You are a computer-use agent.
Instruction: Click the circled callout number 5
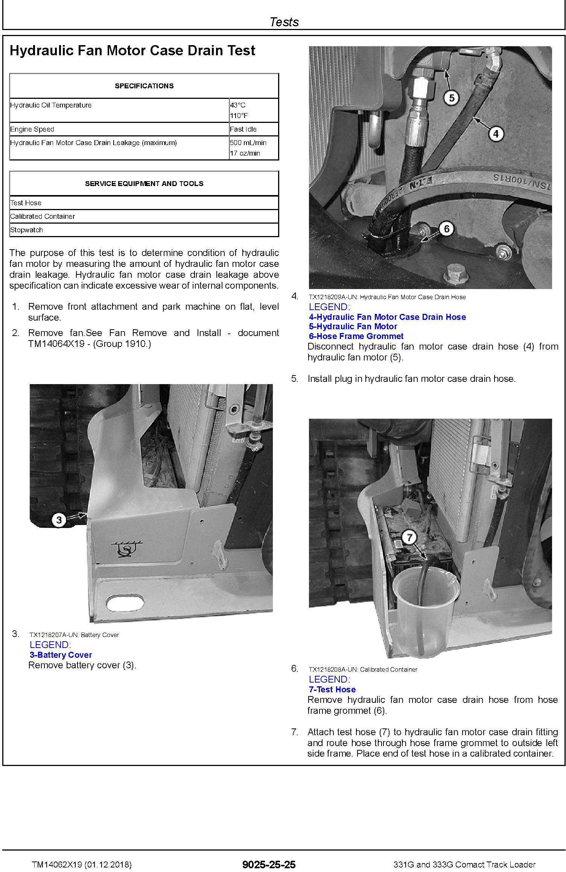tap(452, 98)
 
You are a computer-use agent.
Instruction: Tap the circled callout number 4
tap(496, 133)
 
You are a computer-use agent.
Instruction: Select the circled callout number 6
tap(447, 229)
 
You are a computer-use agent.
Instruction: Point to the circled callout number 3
tap(59, 520)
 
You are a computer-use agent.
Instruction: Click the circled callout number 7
tap(409, 538)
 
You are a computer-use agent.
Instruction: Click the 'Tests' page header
tap(284, 22)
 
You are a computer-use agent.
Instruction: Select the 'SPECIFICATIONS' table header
tap(144, 86)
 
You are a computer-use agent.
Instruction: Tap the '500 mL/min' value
tap(248, 143)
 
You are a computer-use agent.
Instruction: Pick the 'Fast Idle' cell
tap(243, 129)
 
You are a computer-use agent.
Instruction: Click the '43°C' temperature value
tap(237, 105)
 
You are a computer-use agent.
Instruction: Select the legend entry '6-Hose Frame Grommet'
tap(356, 336)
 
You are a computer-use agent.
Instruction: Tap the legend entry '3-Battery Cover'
tap(61, 655)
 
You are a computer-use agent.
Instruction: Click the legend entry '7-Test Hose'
tap(332, 690)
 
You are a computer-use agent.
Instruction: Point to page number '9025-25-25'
tap(269, 865)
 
